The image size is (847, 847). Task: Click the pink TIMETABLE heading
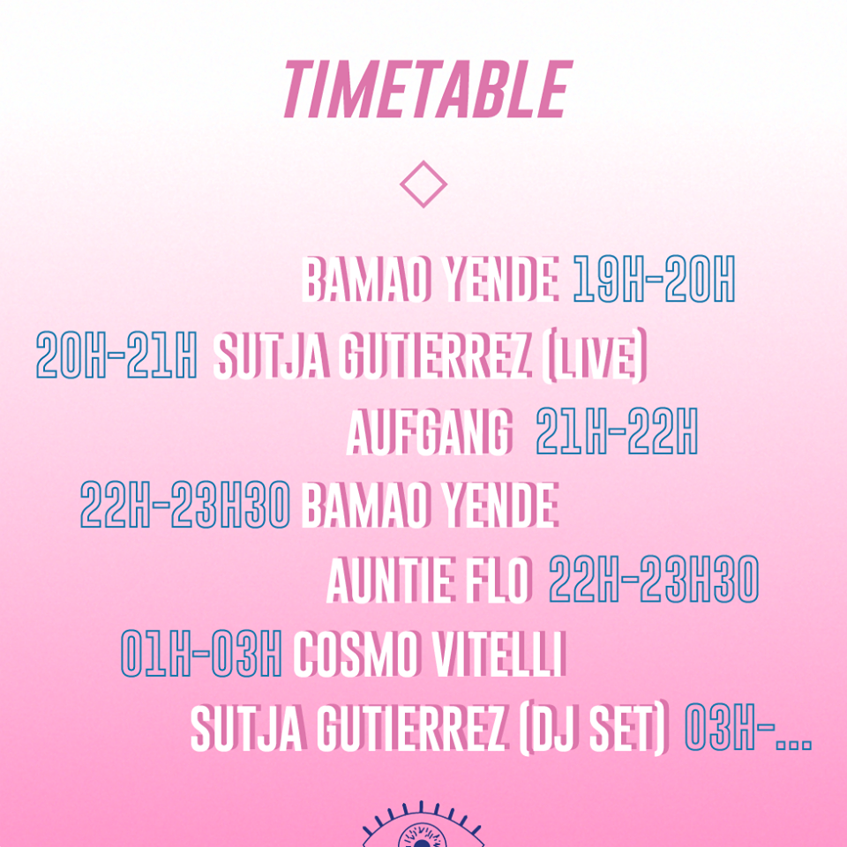(428, 90)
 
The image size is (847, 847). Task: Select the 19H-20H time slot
(654, 278)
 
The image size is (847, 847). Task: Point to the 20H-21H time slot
(116, 355)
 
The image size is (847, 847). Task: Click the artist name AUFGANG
(429, 431)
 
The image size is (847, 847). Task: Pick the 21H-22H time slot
(617, 431)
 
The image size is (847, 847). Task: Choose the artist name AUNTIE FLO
(430, 581)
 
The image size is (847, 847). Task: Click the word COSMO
(356, 654)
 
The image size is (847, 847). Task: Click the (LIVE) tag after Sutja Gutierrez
(594, 356)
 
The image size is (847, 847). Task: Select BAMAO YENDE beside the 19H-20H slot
(430, 279)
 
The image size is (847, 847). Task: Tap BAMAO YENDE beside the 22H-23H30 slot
(430, 505)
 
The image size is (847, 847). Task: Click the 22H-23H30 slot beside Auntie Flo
(654, 580)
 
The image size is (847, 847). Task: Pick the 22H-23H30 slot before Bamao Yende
(185, 505)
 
